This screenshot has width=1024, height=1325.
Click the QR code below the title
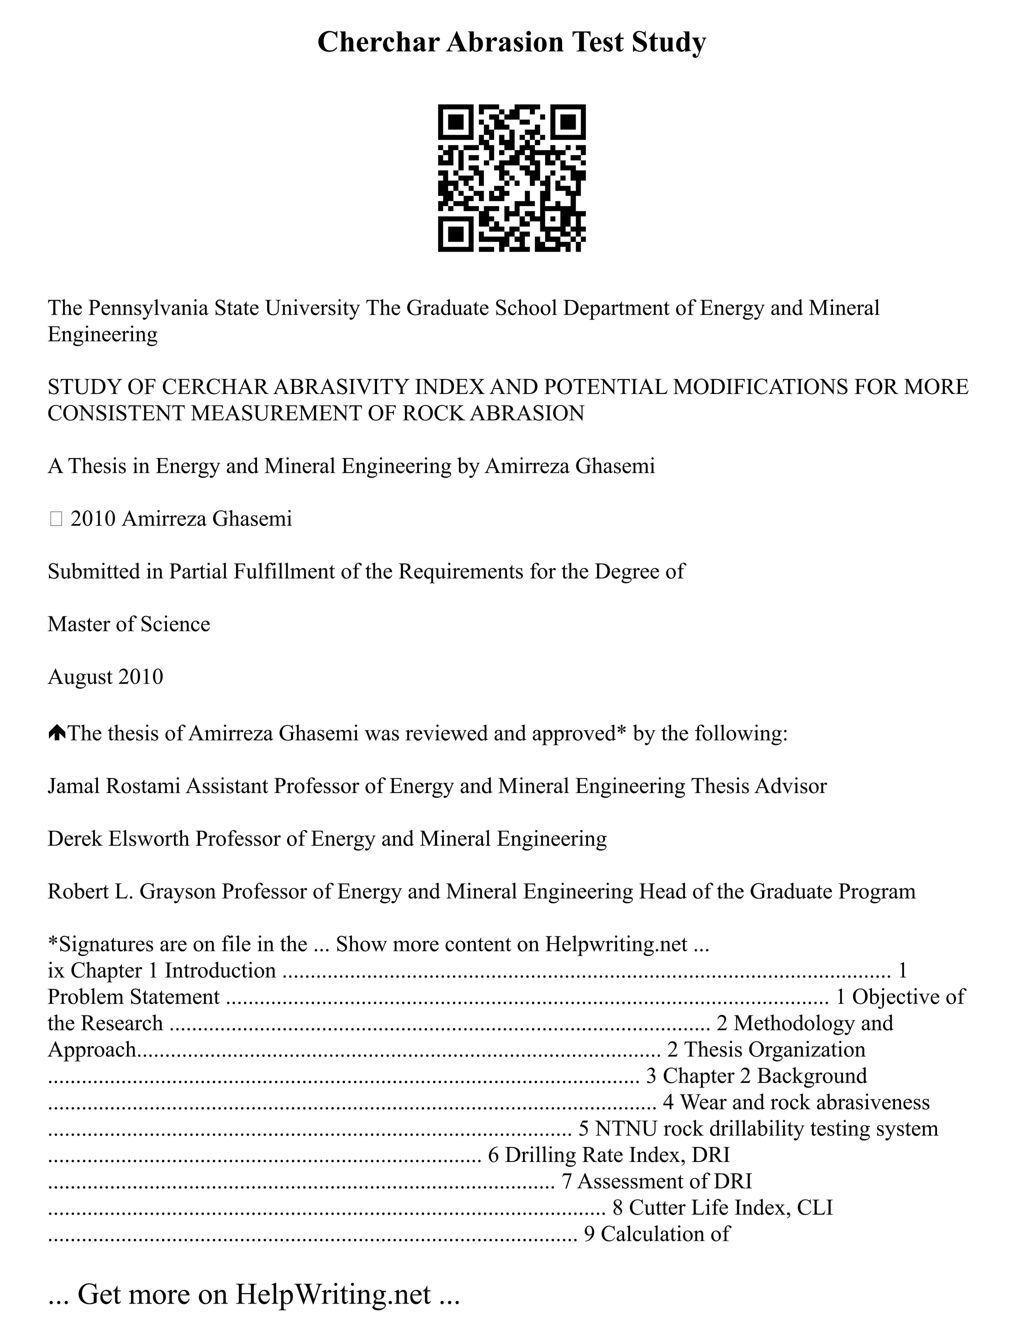(x=511, y=178)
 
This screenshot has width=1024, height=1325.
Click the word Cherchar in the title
(x=377, y=42)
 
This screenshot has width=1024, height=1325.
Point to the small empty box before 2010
(x=56, y=519)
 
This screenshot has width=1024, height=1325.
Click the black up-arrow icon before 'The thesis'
(x=56, y=733)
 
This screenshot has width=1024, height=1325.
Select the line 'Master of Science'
(x=128, y=624)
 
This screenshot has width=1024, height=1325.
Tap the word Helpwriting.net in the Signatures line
(x=616, y=944)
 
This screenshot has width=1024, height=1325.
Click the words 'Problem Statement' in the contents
(x=133, y=997)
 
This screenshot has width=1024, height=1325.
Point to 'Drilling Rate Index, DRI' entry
(x=617, y=1154)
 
